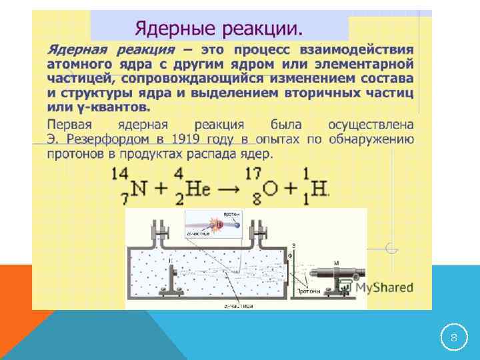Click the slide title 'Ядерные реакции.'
click(x=219, y=29)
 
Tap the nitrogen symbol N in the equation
click(x=138, y=189)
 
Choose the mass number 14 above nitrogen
click(x=120, y=174)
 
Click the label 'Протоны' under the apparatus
click(x=307, y=291)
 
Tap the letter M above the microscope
click(x=336, y=262)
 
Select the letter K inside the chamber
click(x=170, y=261)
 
